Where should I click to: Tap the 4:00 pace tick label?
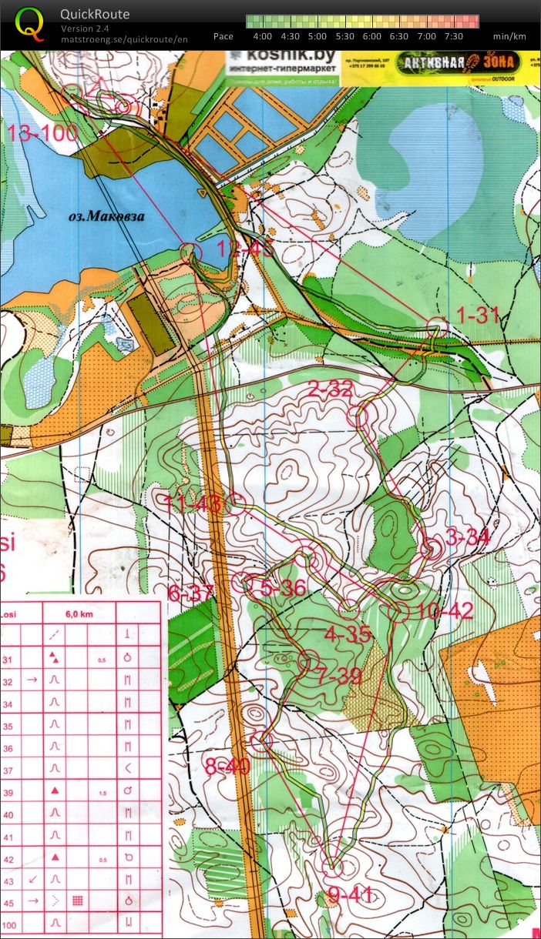pos(262,36)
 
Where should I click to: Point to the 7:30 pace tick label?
pos(454,36)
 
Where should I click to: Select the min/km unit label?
pos(509,36)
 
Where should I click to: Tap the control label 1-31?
pos(478,315)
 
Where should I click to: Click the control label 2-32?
pos(330,390)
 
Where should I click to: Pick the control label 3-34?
pos(468,538)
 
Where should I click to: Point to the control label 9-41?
pos(351,894)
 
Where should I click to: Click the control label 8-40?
pos(227,767)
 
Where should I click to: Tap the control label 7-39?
pos(338,677)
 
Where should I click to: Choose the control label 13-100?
pos(43,133)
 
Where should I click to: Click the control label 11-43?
pos(193,504)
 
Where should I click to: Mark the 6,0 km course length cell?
pos(79,614)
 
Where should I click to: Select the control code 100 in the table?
pos(10,923)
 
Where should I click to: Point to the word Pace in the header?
pos(223,36)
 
